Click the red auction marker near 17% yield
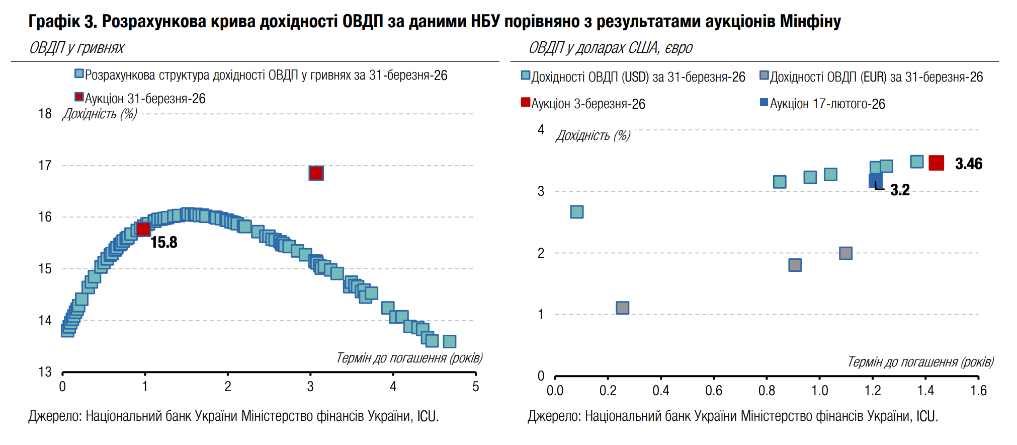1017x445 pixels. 316,173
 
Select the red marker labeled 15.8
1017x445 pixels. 144,230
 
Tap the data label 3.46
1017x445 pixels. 968,164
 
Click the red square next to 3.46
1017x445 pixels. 936,163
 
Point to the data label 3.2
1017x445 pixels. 900,190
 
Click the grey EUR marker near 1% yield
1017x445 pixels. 622,308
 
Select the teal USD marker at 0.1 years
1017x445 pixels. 577,212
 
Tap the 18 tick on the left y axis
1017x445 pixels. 45,114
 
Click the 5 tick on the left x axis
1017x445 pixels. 475,387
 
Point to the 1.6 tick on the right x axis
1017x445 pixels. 978,391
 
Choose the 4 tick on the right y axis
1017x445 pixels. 541,130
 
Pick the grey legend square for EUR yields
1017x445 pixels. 765,76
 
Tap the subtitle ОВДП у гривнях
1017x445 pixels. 77,48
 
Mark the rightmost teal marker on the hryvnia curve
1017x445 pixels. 449,341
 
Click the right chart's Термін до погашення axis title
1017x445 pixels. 920,362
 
